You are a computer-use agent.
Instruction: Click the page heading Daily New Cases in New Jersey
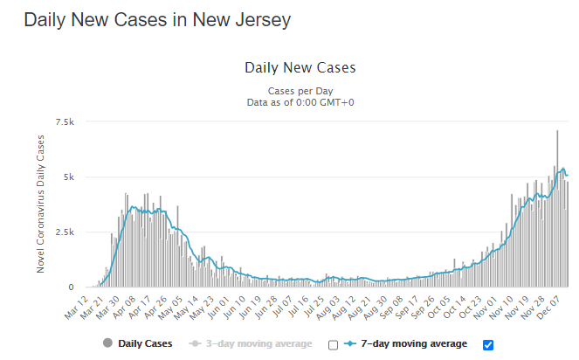[157, 18]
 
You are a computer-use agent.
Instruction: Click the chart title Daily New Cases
[300, 67]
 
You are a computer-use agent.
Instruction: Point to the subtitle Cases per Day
[300, 90]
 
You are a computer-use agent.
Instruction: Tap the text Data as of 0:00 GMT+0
[300, 102]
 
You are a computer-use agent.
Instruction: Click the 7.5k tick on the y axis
[65, 121]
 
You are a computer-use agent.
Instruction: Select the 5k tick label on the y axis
[69, 177]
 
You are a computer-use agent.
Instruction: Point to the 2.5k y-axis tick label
[65, 232]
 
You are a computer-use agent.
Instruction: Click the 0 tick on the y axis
[72, 287]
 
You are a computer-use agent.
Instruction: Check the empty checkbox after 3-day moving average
[333, 344]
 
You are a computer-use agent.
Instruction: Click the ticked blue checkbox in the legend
[488, 344]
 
